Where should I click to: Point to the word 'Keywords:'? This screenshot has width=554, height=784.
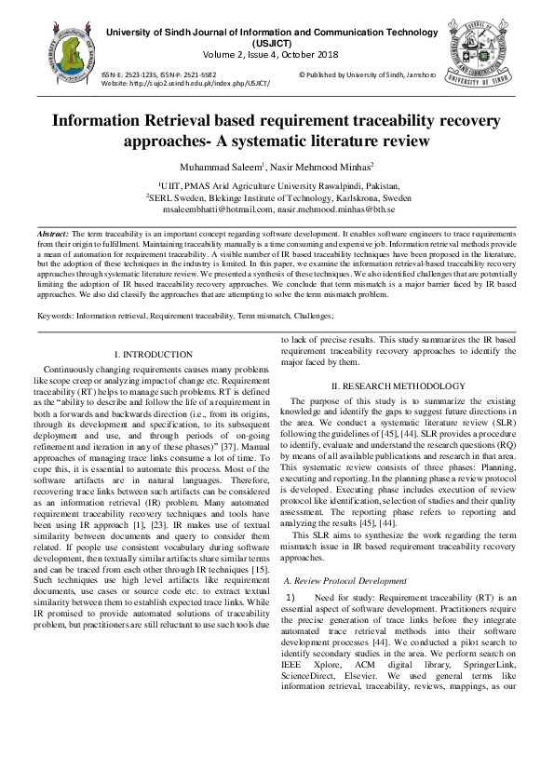(x=56, y=317)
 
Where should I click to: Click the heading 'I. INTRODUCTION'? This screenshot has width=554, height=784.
(x=153, y=355)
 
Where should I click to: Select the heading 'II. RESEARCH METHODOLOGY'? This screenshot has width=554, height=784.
(x=399, y=386)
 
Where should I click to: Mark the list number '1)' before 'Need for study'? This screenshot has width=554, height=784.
(x=291, y=596)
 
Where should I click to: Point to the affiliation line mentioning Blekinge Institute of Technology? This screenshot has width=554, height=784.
(x=278, y=198)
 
